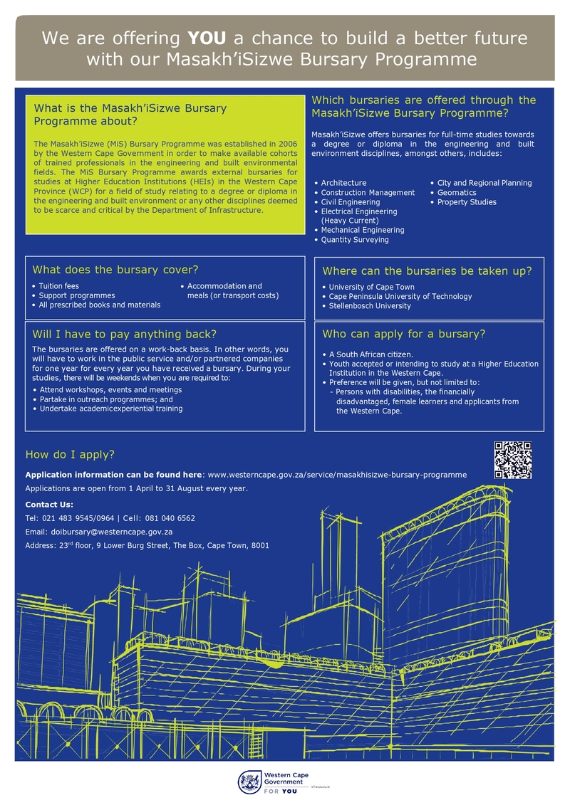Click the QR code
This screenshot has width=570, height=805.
(513, 460)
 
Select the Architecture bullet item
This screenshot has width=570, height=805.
(343, 183)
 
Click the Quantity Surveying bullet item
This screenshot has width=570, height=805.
(355, 240)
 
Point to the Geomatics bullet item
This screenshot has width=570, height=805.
(457, 193)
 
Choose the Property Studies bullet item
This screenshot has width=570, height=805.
(467, 202)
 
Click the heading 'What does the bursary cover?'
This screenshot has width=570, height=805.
(115, 270)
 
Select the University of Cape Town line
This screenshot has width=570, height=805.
(371, 288)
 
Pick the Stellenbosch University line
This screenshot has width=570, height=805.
(370, 306)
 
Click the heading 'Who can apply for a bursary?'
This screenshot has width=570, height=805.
(404, 334)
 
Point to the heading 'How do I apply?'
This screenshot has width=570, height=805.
(70, 455)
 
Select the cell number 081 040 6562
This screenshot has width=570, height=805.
(170, 518)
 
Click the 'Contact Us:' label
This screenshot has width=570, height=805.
(49, 505)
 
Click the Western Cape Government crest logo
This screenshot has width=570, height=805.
(249, 782)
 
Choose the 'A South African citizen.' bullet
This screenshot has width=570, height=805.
(370, 354)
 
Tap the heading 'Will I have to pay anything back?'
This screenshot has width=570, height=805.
(124, 334)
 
